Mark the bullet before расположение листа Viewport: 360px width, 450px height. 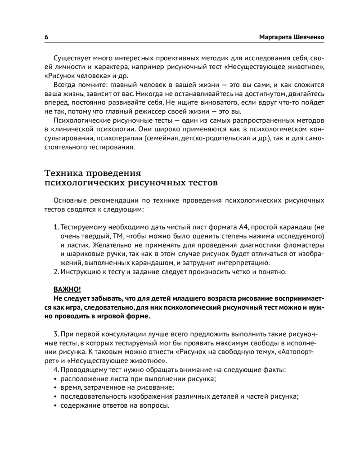pos(55,379)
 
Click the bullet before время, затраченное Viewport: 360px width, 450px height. pos(55,388)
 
